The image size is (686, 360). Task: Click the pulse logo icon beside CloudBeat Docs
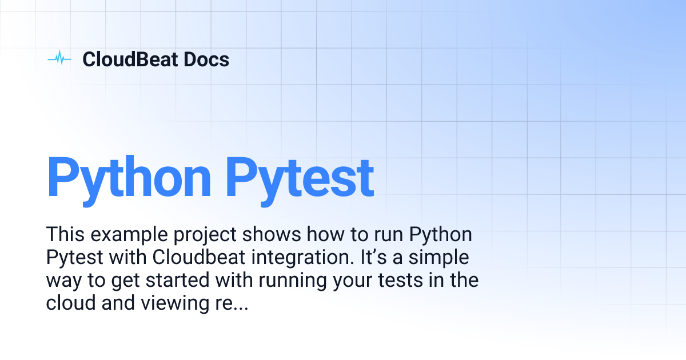59,59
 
